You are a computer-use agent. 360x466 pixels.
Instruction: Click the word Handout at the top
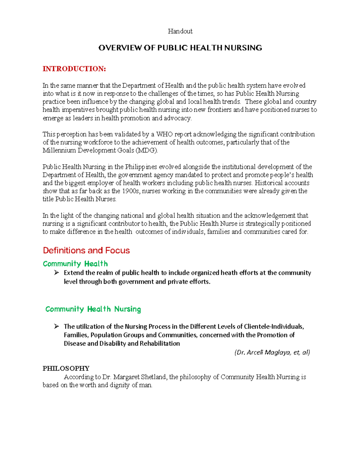tap(180, 31)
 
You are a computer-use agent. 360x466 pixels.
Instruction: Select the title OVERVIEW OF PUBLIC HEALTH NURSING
tap(180, 48)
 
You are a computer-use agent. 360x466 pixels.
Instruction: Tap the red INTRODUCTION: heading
tap(74, 69)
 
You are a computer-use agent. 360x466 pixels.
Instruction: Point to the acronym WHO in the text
tap(164, 134)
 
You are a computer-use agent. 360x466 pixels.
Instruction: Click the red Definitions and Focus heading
tap(86, 250)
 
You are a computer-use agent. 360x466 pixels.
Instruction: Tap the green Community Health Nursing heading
tap(93, 309)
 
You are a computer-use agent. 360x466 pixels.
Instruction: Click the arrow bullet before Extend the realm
tap(56, 273)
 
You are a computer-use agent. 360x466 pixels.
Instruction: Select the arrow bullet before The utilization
tap(56, 326)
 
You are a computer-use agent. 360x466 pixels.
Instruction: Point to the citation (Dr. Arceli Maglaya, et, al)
tap(272, 352)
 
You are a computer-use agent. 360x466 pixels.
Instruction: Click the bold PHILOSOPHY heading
tap(66, 368)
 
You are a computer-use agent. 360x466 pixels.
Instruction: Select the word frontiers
tap(220, 110)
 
